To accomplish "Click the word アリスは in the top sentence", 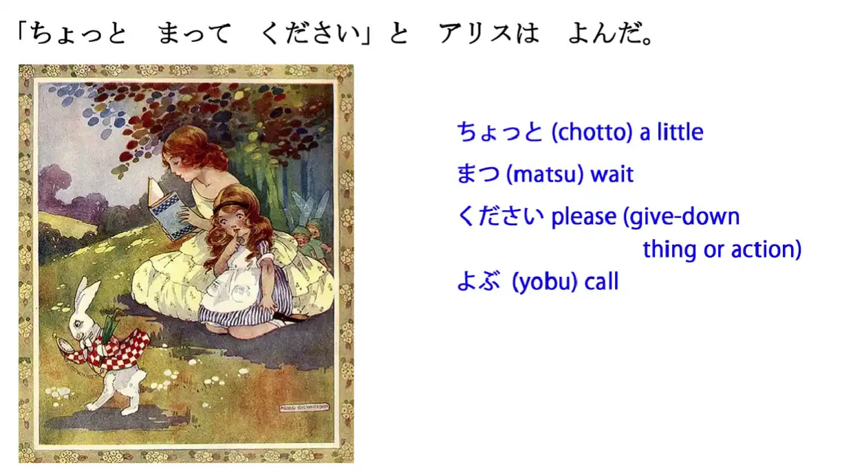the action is pos(489,33).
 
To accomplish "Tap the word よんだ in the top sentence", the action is pos(606,33).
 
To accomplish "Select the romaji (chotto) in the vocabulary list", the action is pos(592,133).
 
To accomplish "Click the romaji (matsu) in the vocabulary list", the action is pos(545,175).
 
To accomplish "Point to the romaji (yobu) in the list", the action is pos(545,282).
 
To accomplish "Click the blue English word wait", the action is pos(612,175).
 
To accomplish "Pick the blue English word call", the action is pos(601,281).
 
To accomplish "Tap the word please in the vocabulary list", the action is pos(584,217).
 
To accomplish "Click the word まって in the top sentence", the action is pos(195,33).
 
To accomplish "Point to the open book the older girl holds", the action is pos(167,210).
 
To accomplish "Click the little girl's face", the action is pos(232,225).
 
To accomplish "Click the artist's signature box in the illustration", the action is pos(304,407).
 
